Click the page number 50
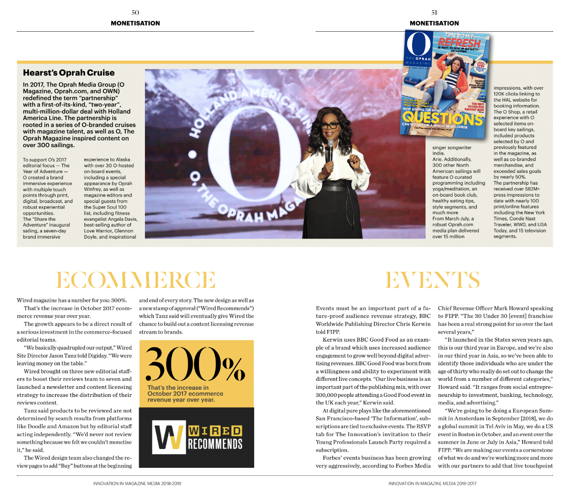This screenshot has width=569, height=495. coord(135,12)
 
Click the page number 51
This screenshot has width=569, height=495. coord(434,12)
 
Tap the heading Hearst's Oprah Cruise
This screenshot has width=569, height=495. coord(69,73)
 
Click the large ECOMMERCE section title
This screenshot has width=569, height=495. coord(136,280)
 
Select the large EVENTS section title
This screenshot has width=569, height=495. coord(433,280)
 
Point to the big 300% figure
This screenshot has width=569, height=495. coord(195,364)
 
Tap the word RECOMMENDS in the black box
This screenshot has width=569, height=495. coord(215,444)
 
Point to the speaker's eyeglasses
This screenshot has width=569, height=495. coord(330,125)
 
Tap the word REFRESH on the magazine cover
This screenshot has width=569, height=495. coord(459,43)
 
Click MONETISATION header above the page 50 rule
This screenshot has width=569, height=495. coord(135,23)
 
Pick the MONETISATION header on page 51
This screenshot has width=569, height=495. coord(434,23)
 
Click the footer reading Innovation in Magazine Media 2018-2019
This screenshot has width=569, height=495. coord(137,483)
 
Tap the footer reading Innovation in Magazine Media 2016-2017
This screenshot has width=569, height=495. coord(432,483)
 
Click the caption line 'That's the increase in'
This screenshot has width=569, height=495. coord(178,388)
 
